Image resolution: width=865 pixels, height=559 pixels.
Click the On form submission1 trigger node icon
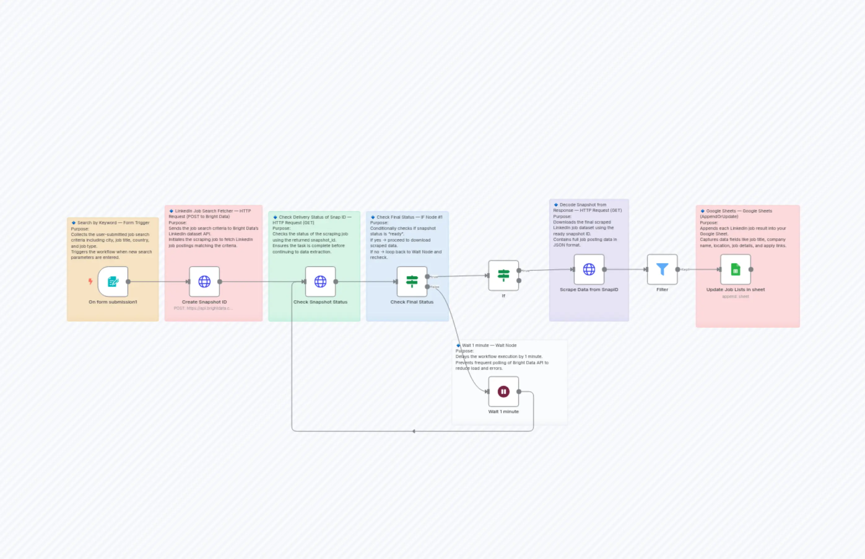click(113, 282)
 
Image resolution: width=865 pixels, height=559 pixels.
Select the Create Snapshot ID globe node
click(204, 282)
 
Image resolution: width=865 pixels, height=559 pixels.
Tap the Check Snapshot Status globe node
click(320, 282)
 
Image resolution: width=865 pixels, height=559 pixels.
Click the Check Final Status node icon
click(412, 282)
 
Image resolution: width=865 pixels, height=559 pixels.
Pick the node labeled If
click(503, 276)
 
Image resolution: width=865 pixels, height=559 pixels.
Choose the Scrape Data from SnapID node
click(589, 269)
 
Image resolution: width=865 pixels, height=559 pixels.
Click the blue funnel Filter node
click(662, 269)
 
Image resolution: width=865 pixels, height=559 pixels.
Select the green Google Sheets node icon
click(736, 269)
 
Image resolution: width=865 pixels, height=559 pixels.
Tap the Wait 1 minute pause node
click(503, 392)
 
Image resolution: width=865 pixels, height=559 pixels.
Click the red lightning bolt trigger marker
click(90, 281)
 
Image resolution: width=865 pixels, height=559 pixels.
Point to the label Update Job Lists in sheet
click(736, 290)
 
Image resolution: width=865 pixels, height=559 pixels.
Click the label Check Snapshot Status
click(320, 302)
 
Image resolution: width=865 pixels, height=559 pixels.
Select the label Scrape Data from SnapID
click(589, 290)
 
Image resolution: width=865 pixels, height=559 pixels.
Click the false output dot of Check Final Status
click(428, 287)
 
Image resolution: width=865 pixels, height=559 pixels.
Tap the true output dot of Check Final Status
click(428, 277)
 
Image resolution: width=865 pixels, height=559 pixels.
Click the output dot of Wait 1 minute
click(519, 392)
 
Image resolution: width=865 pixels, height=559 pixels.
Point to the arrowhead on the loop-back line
click(414, 431)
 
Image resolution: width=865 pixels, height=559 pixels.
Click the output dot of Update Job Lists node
click(751, 269)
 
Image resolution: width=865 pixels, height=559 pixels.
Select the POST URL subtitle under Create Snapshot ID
click(203, 308)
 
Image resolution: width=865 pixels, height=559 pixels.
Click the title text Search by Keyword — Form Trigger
click(113, 223)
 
